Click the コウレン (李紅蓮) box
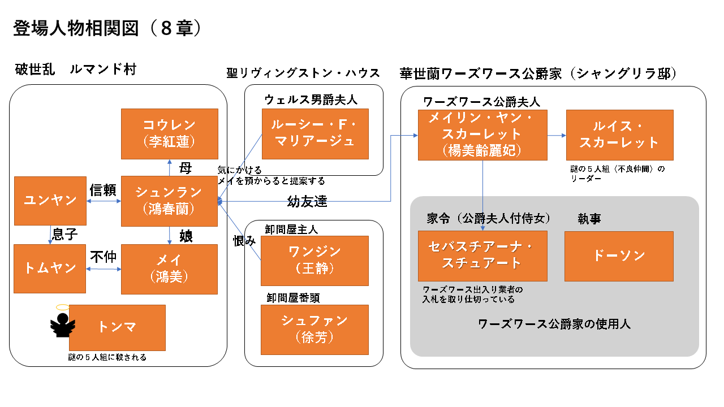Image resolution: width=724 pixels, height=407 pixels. (170, 133)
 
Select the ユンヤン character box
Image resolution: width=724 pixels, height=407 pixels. (50, 200)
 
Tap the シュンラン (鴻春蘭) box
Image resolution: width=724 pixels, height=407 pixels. (170, 201)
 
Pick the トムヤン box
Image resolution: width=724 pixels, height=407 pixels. (50, 268)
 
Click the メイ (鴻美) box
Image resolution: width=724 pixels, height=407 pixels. (170, 269)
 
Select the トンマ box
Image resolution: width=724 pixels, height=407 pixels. (117, 327)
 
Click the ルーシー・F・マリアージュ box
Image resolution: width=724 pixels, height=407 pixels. (315, 134)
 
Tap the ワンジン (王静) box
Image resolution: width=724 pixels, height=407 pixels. (314, 260)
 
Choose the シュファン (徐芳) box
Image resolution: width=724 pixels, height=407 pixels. (314, 329)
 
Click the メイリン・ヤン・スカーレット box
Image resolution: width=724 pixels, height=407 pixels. (482, 135)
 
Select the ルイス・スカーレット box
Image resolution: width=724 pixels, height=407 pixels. (619, 135)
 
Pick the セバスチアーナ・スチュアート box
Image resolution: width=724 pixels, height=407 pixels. (482, 256)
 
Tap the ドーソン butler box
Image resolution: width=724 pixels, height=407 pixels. (619, 256)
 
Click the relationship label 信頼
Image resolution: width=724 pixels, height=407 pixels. (103, 190)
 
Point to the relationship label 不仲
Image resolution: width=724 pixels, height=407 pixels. (103, 257)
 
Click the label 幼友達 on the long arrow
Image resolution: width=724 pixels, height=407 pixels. (307, 202)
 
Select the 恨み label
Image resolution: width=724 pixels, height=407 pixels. (244, 241)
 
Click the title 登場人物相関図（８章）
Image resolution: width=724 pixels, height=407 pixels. (107, 29)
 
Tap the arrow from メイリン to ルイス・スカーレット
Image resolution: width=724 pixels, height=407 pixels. (557, 136)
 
